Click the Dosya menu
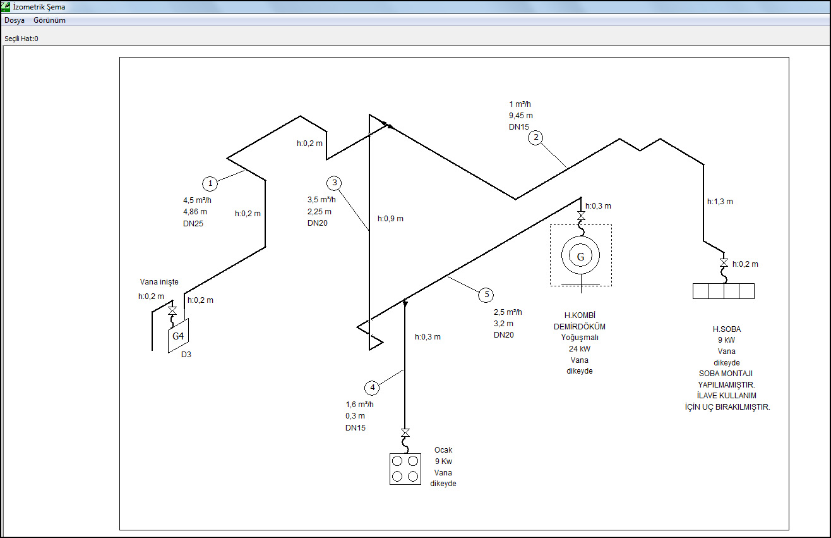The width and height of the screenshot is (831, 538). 15,20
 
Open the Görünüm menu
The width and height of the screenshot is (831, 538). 49,20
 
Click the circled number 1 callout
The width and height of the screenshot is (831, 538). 210,183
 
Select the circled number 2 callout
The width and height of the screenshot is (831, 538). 535,138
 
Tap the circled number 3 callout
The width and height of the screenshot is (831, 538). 334,183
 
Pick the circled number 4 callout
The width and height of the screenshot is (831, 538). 372,388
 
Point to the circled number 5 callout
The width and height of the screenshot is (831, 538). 486,295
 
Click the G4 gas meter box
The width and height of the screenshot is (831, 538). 179,336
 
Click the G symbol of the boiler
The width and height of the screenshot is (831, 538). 580,256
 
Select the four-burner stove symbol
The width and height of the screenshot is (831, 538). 405,469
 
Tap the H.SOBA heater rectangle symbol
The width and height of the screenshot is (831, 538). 724,291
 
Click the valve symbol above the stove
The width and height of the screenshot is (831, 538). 405,432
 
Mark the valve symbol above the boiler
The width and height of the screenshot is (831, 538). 581,216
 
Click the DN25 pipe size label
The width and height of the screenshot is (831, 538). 193,224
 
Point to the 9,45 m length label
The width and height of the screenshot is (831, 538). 521,116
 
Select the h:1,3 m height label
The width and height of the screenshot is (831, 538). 720,202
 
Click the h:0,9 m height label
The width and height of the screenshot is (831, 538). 390,219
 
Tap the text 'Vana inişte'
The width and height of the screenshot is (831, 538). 159,282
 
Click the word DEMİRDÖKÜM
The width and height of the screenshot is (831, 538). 580,327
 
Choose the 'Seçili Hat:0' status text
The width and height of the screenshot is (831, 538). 21,39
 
